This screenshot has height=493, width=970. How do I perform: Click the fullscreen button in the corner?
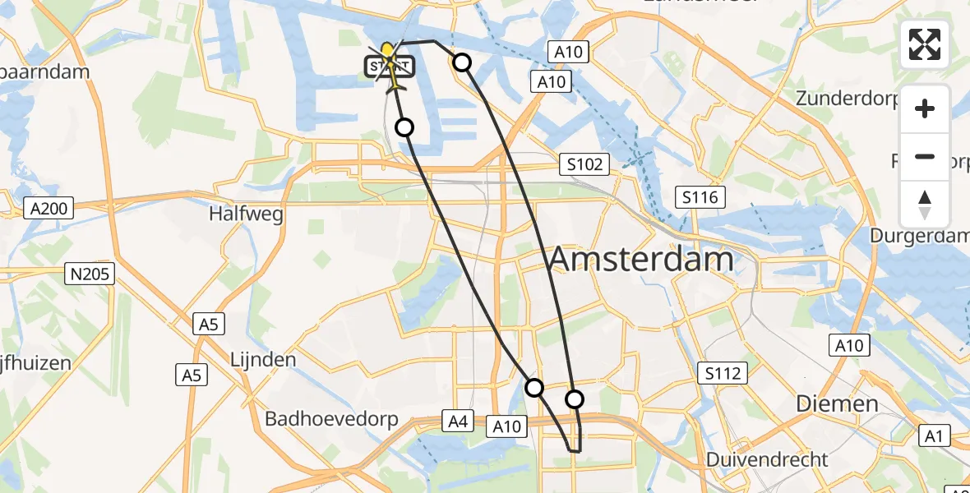click(x=925, y=44)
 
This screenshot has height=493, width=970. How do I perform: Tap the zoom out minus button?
click(x=925, y=156)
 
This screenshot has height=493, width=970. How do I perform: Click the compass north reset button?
click(x=925, y=205)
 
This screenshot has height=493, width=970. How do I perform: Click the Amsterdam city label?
click(x=640, y=260)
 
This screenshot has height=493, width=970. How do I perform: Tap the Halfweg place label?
click(x=247, y=214)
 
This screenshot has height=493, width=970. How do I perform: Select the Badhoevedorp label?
click(x=331, y=419)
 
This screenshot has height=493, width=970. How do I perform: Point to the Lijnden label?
click(x=263, y=360)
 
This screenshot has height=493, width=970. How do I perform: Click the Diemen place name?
click(x=836, y=403)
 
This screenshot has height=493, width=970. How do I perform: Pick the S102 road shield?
click(x=584, y=164)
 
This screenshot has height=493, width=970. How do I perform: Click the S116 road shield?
click(x=700, y=197)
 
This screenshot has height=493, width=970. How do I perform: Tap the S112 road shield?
click(x=723, y=374)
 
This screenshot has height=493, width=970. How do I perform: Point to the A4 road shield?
click(x=458, y=422)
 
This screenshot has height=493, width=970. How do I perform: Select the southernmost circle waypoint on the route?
click(x=574, y=399)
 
